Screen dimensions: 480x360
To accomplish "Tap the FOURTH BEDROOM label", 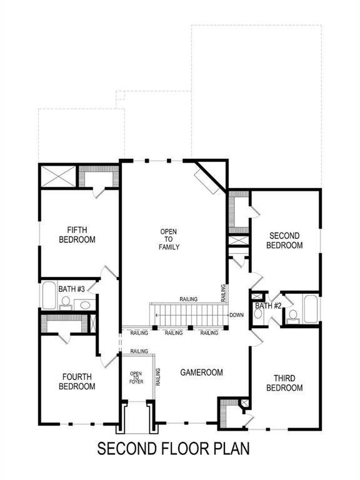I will pyautogui.click(x=77, y=381).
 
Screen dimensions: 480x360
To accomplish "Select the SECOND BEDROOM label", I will pyautogui.click(x=284, y=240).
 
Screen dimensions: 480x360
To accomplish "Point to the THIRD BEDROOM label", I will pyautogui.click(x=284, y=383).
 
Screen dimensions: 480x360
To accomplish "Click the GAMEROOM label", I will pyautogui.click(x=201, y=372).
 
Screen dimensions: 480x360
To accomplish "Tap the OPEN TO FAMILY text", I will pyautogui.click(x=169, y=239).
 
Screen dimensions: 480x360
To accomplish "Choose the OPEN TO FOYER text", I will pyautogui.click(x=136, y=377).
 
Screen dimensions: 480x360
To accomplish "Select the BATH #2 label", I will pyautogui.click(x=267, y=306).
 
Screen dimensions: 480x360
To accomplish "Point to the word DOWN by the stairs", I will pyautogui.click(x=236, y=315).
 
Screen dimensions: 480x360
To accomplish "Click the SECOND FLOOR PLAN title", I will pyautogui.click(x=173, y=449).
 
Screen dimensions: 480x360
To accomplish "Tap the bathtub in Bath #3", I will pyautogui.click(x=49, y=296).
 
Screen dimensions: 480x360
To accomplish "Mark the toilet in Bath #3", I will pyautogui.click(x=65, y=303).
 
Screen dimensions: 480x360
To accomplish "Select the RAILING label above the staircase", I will pyautogui.click(x=188, y=299).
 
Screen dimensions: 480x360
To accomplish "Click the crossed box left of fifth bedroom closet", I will pyautogui.click(x=58, y=176).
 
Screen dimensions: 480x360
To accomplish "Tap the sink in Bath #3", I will pyautogui.click(x=85, y=306).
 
